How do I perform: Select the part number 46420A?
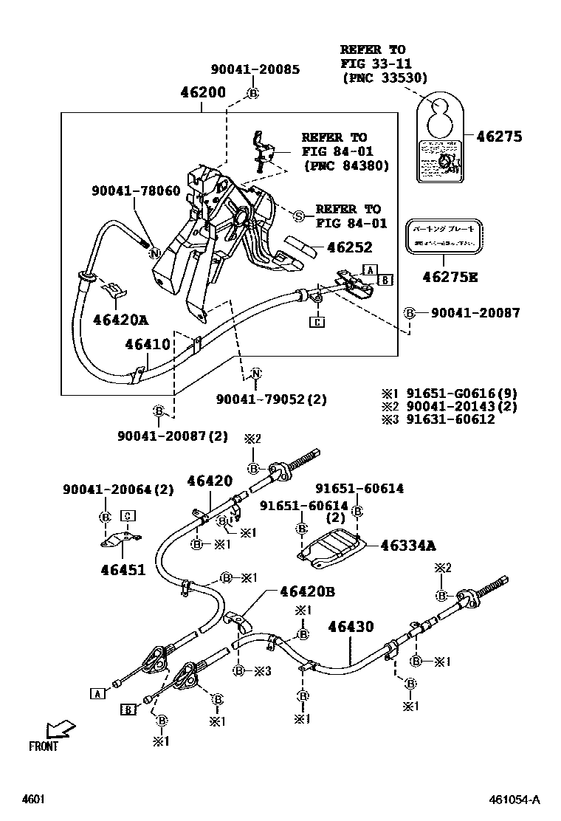tap(120, 320)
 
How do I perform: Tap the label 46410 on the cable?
tap(147, 344)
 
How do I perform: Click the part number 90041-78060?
tap(136, 190)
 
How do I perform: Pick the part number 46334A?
tap(408, 546)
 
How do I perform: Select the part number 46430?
tap(351, 627)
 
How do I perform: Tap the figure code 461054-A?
tap(514, 800)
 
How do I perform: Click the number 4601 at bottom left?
tap(33, 800)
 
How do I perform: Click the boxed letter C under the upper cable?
tap(316, 322)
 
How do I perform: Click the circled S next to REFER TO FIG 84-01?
tap(298, 216)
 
